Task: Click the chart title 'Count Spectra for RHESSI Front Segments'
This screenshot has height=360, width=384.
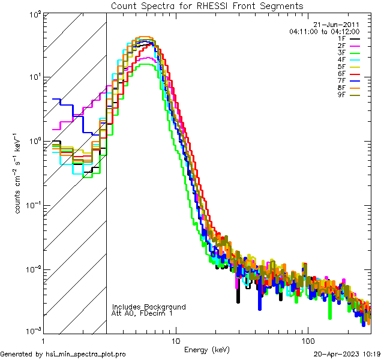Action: (207, 5)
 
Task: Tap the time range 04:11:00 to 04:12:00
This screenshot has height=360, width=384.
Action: (324, 31)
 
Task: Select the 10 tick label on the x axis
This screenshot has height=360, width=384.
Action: (175, 340)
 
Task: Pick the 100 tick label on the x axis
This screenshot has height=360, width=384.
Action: (307, 340)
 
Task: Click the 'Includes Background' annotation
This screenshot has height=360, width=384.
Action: (149, 307)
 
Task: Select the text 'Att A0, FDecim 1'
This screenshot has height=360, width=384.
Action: (142, 313)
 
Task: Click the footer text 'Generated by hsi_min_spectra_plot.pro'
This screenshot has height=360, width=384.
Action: (64, 355)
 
